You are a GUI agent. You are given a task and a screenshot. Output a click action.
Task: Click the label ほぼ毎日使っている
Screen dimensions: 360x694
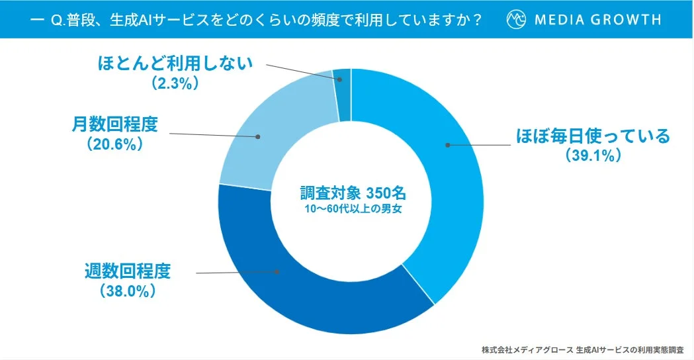point(592,136)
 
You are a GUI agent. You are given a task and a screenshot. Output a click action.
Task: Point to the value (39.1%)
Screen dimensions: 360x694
point(592,156)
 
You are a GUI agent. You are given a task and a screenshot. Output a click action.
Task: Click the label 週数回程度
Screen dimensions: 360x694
point(128,271)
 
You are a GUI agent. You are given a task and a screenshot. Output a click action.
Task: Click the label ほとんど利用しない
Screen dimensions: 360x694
point(175,64)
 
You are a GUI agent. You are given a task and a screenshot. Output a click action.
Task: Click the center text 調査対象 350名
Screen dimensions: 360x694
point(351,194)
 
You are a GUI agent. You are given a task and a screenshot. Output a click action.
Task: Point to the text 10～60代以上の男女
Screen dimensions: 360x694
point(351,210)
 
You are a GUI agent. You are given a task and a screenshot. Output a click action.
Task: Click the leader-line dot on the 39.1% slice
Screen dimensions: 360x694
point(447,144)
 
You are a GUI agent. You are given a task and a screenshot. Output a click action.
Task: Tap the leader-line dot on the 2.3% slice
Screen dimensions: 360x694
point(340,80)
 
